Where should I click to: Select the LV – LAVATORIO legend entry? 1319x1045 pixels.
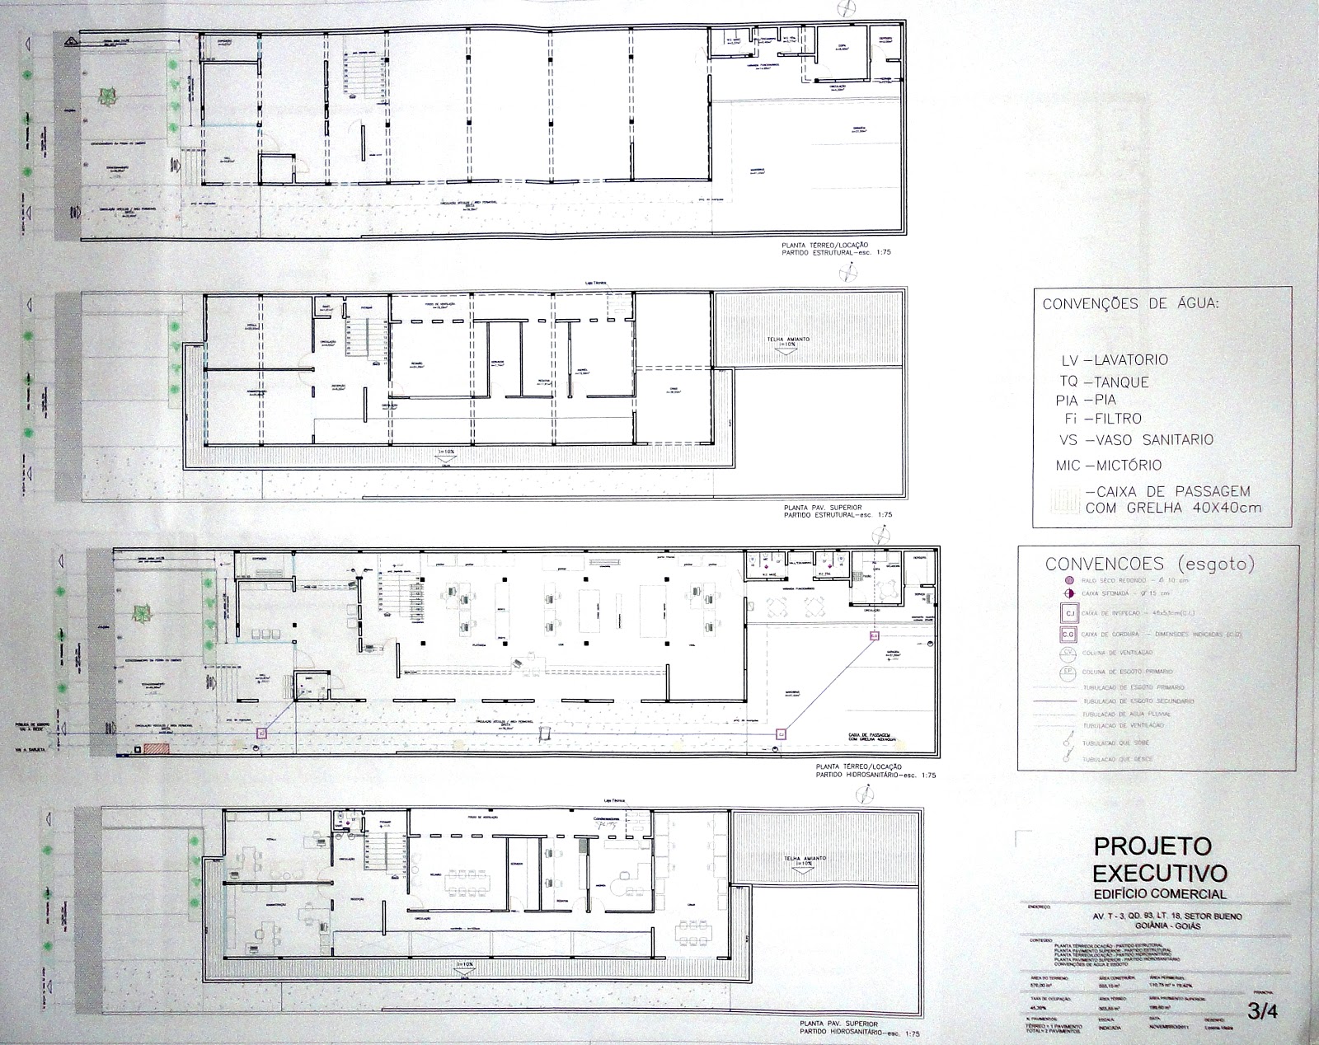pos(1115,360)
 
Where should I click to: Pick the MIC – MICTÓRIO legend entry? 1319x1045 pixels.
pos(1109,466)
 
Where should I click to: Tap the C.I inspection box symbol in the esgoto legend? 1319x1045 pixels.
pos(1068,613)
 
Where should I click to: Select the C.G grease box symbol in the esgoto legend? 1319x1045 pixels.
pos(1068,635)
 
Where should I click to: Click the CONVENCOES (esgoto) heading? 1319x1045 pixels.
pos(1149,565)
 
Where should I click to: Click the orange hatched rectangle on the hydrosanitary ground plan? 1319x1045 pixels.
pos(156,748)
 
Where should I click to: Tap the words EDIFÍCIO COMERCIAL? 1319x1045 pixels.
pos(1159,894)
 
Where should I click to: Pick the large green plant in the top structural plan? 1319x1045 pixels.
pos(107,98)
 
